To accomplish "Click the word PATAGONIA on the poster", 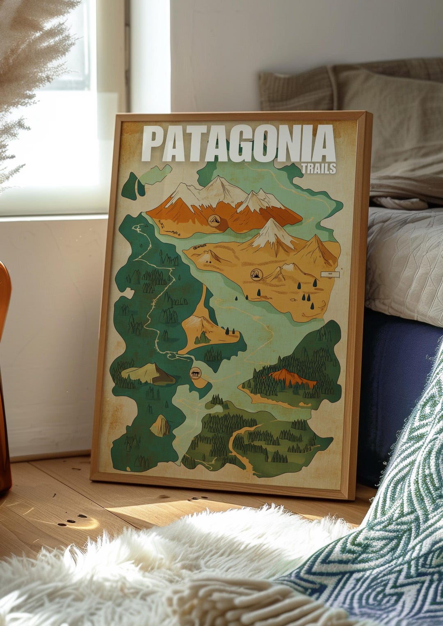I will click(238, 144).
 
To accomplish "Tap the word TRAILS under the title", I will click(318, 168).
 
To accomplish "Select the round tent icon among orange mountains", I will click(213, 220).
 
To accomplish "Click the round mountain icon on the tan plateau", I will click(256, 274).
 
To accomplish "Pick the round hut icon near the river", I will click(196, 373).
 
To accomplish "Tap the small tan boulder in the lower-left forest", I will click(160, 426).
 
